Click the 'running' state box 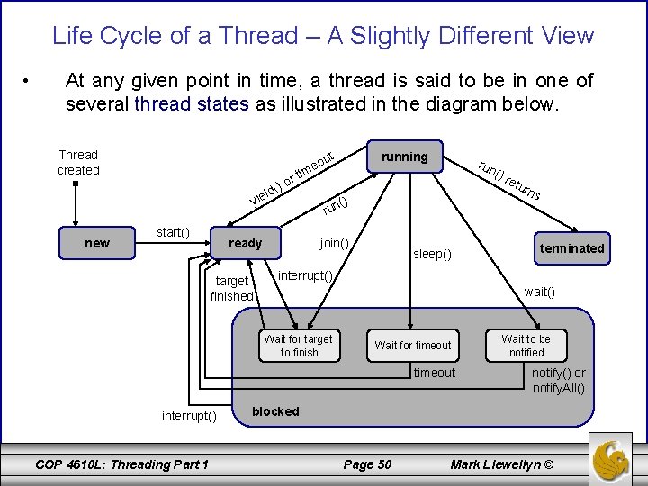point(404,157)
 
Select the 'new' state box point(97,243)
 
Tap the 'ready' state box point(246,243)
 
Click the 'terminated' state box point(571,248)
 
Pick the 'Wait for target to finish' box point(298,346)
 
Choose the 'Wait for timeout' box point(413,346)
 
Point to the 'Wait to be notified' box point(526,346)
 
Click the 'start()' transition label point(173,233)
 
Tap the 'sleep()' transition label point(432,255)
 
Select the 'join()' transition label point(335,243)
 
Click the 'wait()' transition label point(540,292)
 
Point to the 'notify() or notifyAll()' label point(558,381)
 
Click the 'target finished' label point(232,288)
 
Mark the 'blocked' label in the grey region point(275,411)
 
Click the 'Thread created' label point(78,162)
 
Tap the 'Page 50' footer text point(368,464)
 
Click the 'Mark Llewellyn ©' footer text point(502,464)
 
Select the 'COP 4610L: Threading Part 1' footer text point(121,464)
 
